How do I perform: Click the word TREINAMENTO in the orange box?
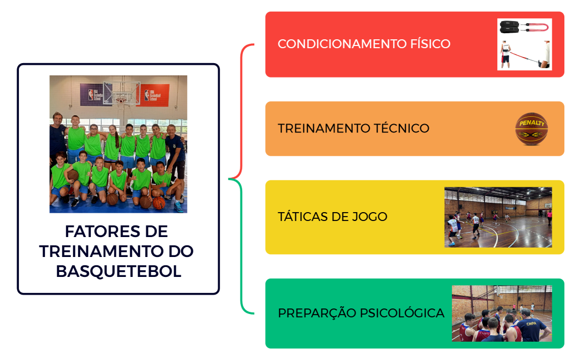click(x=322, y=128)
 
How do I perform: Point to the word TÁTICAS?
click(x=302, y=217)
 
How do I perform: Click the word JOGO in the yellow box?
click(x=369, y=217)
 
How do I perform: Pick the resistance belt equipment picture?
click(x=525, y=44)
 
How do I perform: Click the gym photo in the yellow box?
click(x=498, y=217)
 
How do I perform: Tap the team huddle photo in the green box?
click(x=501, y=313)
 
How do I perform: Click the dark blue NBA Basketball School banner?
click(x=92, y=94)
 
